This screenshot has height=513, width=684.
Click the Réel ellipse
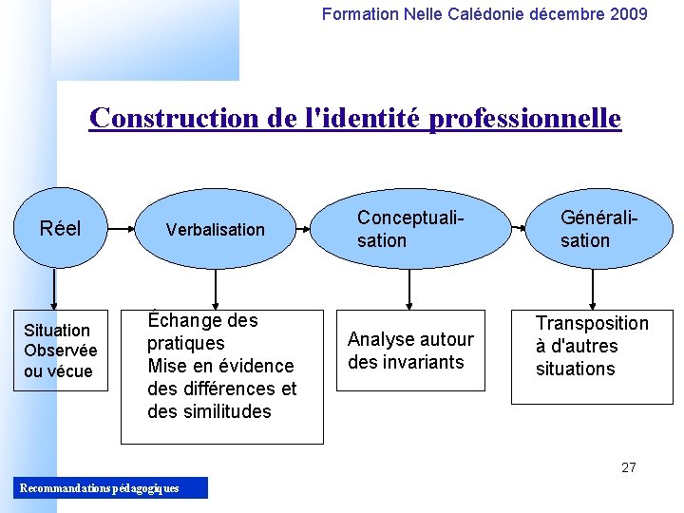(59, 229)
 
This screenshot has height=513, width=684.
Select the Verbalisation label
(215, 229)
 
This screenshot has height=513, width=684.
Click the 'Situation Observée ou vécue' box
(59, 351)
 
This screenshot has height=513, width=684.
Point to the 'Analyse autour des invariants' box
(410, 351)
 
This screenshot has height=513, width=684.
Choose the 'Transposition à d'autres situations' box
(592, 356)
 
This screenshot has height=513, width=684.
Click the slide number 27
(628, 466)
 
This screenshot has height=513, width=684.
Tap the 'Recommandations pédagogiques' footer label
(99, 488)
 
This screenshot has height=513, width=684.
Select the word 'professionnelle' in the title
(525, 119)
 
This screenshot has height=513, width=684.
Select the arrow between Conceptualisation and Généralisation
(518, 229)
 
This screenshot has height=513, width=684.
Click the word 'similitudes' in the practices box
(225, 411)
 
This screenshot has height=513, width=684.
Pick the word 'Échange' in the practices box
(181, 320)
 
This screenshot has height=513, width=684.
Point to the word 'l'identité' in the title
(368, 119)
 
